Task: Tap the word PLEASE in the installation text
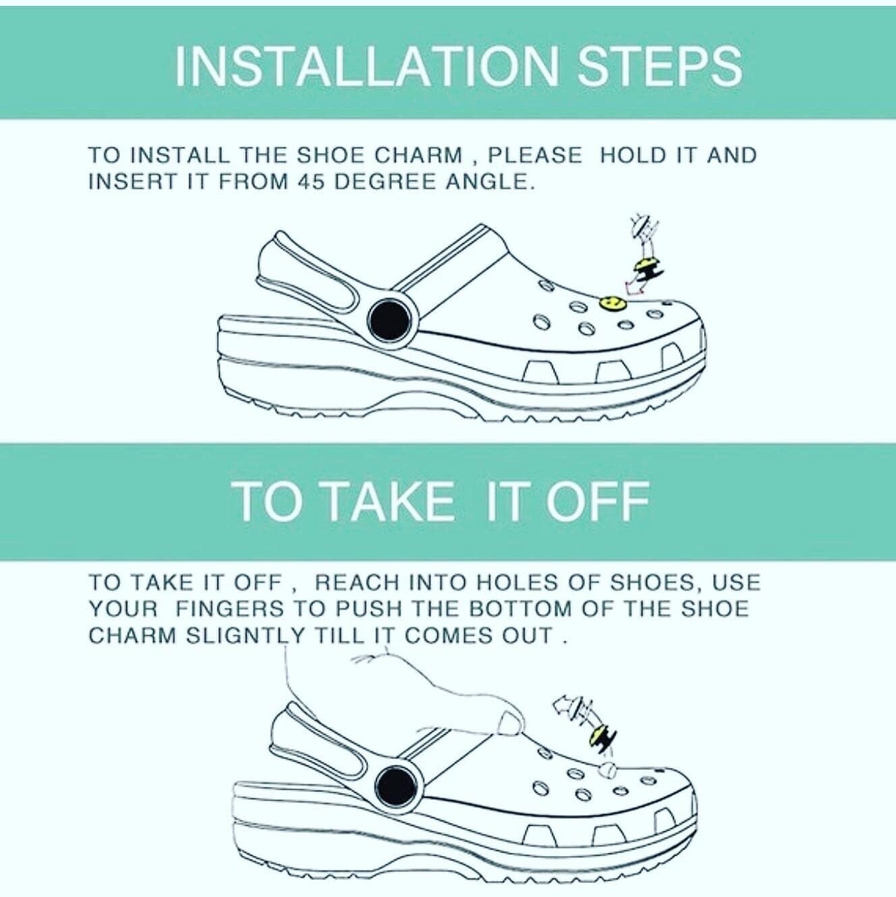[534, 155]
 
